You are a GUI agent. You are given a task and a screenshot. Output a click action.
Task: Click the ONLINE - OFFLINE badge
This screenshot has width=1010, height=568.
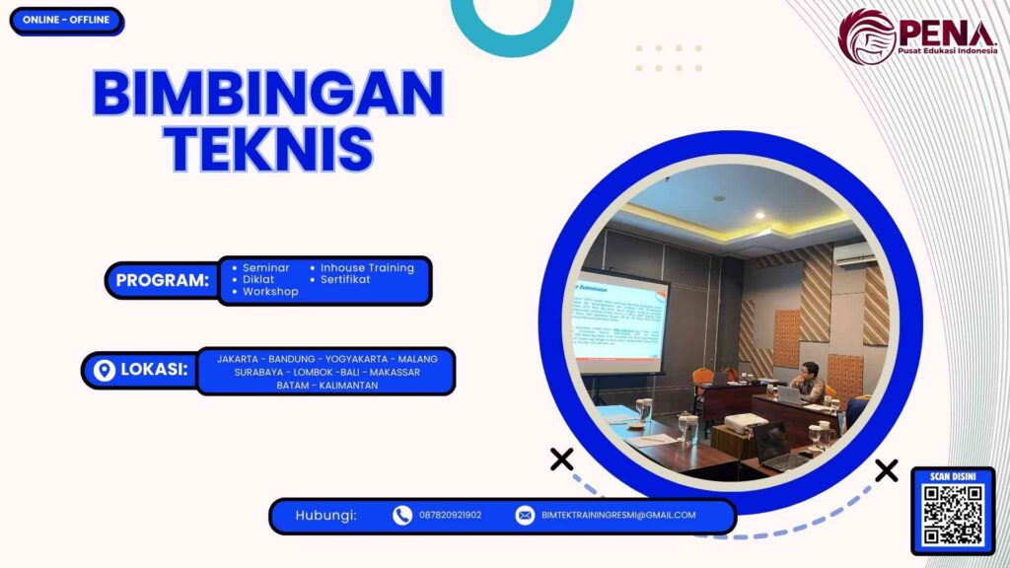[66, 21]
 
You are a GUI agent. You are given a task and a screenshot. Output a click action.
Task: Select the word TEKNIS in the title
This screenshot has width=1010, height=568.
[267, 149]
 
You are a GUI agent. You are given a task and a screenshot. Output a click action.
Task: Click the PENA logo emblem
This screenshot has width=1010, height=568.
[867, 36]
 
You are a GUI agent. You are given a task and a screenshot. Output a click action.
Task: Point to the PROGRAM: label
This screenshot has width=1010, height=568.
[163, 280]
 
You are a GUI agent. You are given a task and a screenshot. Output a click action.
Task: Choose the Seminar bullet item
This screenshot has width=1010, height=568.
[265, 267]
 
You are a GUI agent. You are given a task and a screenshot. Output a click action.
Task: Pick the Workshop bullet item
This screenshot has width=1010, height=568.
[270, 292]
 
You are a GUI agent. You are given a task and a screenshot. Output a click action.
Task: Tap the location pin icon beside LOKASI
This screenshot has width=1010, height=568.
[104, 371]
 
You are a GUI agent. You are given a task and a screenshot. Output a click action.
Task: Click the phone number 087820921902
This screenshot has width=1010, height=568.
[450, 515]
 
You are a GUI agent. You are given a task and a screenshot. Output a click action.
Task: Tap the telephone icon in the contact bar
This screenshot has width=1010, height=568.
[401, 515]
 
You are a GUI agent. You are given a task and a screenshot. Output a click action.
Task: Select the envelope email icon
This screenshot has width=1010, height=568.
[525, 515]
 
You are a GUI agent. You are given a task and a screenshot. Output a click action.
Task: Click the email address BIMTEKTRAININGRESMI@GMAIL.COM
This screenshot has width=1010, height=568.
[618, 515]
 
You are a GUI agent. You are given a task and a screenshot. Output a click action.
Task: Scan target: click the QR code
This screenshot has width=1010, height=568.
[952, 515]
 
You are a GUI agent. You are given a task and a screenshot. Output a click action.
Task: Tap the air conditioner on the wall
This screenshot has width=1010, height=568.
[853, 254]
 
